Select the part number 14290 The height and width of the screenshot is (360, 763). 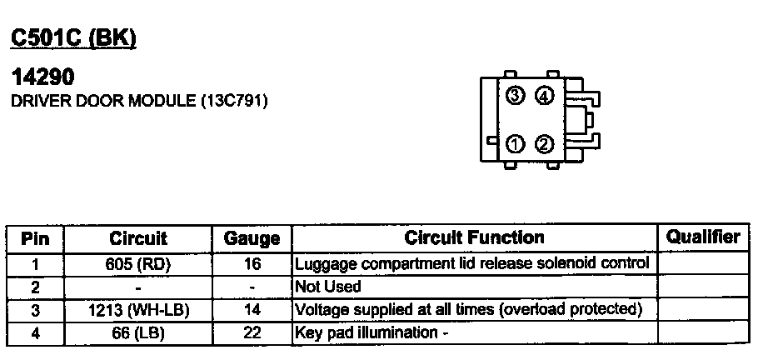point(42,77)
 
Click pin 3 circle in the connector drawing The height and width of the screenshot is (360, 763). point(515,96)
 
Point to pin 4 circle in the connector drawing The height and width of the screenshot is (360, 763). point(544,96)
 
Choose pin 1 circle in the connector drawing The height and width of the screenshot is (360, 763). point(515,144)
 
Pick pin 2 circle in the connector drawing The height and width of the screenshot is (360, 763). point(544,144)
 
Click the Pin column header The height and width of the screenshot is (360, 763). point(35,239)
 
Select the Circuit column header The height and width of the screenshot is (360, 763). point(138,239)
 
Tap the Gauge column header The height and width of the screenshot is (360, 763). point(252,239)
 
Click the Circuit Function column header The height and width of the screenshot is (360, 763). point(474,237)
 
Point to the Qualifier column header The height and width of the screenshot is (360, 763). point(703,237)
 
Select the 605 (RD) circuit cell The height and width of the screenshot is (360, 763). point(138,264)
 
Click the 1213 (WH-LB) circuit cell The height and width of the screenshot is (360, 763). point(138,309)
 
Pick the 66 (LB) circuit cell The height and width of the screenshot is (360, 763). point(138,332)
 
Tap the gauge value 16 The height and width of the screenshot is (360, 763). point(252,264)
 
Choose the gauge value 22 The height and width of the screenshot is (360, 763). point(252,332)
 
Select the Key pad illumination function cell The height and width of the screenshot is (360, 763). point(367,332)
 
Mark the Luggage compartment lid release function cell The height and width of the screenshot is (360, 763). point(471,263)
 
